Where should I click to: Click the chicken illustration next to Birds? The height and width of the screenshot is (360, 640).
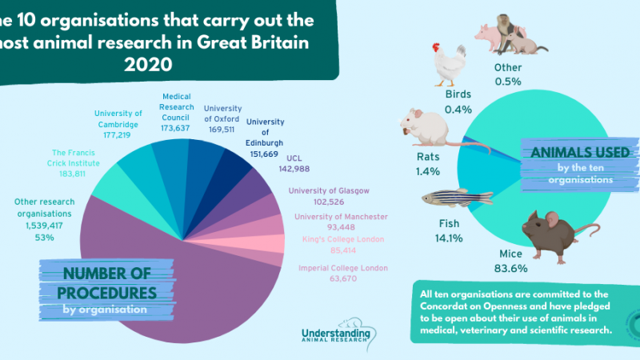coord(449,63)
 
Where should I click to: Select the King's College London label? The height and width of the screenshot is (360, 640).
coord(342,239)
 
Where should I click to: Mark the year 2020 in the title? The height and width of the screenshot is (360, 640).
coord(148,66)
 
